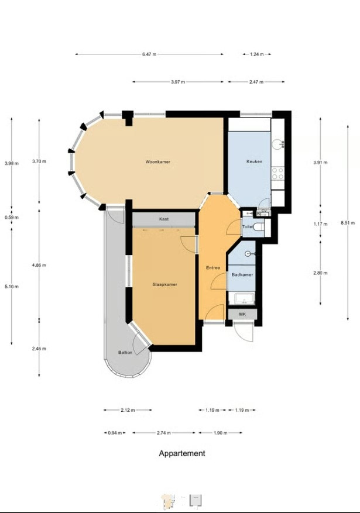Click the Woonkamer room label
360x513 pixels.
coord(157,161)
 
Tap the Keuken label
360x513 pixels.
coord(254,161)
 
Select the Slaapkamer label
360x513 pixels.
coord(164,285)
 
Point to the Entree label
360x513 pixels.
coord(212,268)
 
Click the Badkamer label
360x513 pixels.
coord(242,275)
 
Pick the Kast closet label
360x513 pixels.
coord(164,219)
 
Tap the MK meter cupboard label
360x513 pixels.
coord(242,314)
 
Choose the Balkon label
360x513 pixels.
coord(125,352)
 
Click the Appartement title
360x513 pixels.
coord(182,453)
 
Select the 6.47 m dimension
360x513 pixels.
coord(149,54)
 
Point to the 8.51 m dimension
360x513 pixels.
coord(348,223)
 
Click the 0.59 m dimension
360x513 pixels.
coord(12,217)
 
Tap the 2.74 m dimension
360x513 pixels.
coord(164,433)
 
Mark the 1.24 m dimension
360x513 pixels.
coord(257,54)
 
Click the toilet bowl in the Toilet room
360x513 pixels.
coord(259,226)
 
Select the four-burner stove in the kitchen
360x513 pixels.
coord(277,173)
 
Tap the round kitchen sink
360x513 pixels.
coord(278,144)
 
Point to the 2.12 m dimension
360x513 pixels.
coord(128,410)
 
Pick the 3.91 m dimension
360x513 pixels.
coord(320,162)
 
